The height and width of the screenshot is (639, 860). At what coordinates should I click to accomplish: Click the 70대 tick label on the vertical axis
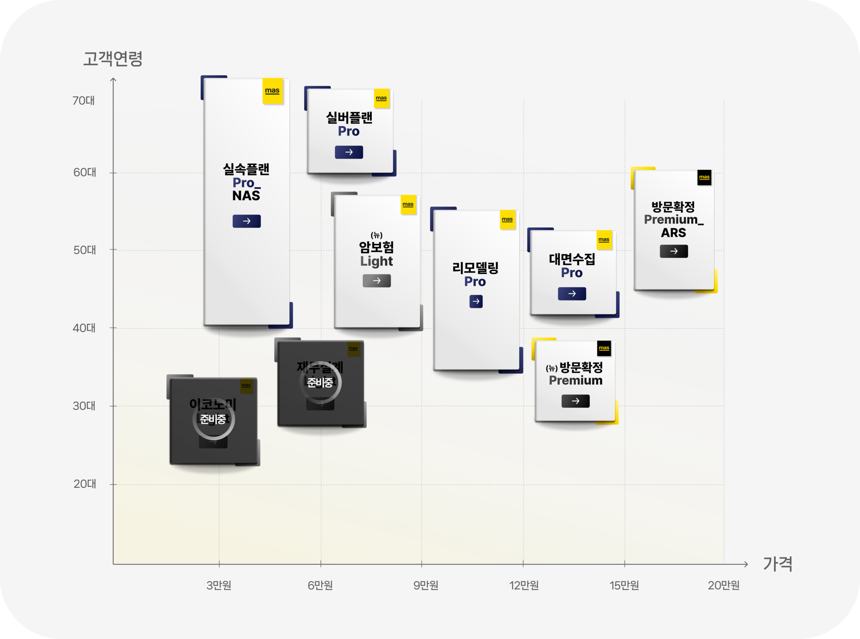[x=84, y=100]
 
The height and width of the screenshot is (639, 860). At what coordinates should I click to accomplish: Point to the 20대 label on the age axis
[x=85, y=484]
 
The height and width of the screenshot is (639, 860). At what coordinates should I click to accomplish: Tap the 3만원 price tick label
[x=219, y=585]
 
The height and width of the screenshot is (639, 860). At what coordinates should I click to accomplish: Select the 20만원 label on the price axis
[x=723, y=585]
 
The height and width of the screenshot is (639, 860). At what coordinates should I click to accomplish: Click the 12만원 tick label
[x=524, y=585]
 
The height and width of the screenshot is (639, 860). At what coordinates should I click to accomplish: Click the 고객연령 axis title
[x=113, y=59]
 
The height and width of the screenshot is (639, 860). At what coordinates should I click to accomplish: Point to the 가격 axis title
[x=778, y=564]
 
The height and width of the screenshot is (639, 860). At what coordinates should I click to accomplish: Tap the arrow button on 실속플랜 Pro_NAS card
[x=246, y=221]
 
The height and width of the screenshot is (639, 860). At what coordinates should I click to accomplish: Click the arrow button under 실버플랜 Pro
[x=349, y=152]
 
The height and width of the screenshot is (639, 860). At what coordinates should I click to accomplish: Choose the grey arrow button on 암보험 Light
[x=377, y=281]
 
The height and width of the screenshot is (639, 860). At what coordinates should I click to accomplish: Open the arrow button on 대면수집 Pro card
[x=572, y=294]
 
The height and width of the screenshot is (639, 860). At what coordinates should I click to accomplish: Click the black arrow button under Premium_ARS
[x=674, y=251]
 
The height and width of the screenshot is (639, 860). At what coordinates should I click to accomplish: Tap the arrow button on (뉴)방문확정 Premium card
[x=576, y=401]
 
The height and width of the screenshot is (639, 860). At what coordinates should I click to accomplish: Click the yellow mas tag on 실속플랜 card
[x=272, y=91]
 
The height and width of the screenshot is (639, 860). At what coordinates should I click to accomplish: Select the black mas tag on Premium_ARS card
[x=704, y=177]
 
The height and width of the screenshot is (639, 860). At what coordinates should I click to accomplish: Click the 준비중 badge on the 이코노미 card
[x=213, y=419]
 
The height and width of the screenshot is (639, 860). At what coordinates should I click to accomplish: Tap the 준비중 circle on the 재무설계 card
[x=320, y=383]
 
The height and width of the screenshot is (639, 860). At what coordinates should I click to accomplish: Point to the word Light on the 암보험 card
[x=376, y=261]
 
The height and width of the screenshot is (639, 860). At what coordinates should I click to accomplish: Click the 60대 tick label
[x=85, y=173]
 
